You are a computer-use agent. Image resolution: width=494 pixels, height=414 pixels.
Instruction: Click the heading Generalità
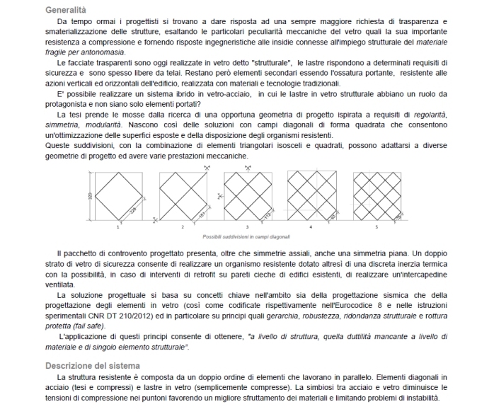pos(66,11)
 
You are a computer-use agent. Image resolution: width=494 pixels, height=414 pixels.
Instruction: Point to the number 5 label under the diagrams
pos(377,226)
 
